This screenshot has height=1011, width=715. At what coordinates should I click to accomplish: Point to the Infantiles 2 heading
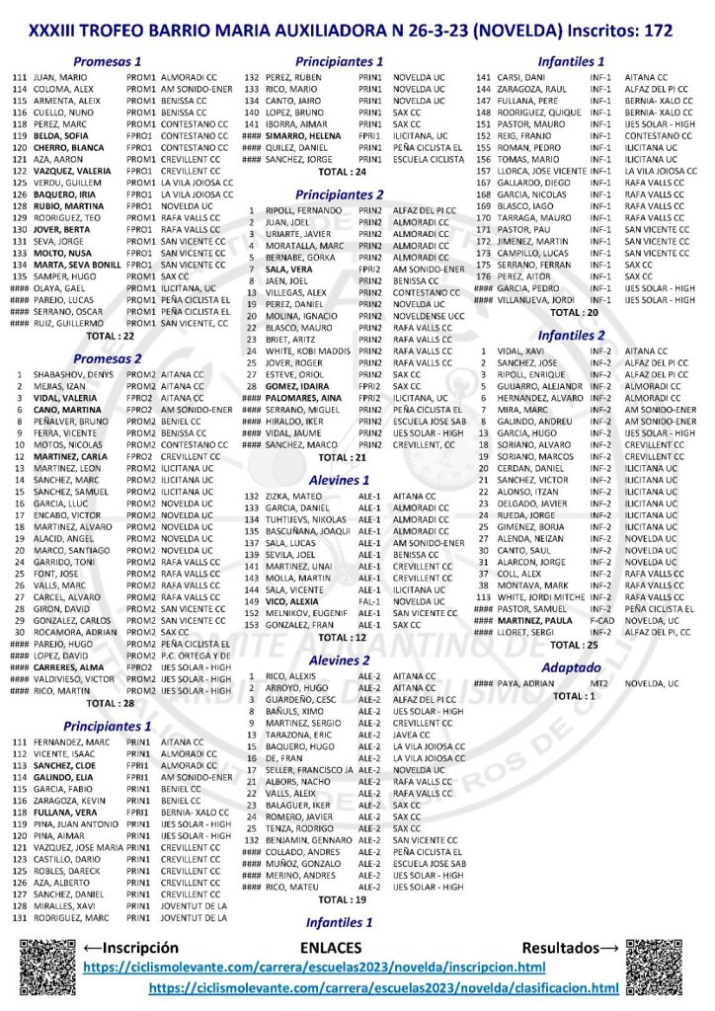(573, 335)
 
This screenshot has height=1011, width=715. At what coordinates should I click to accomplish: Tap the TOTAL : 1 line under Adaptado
(573, 695)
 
